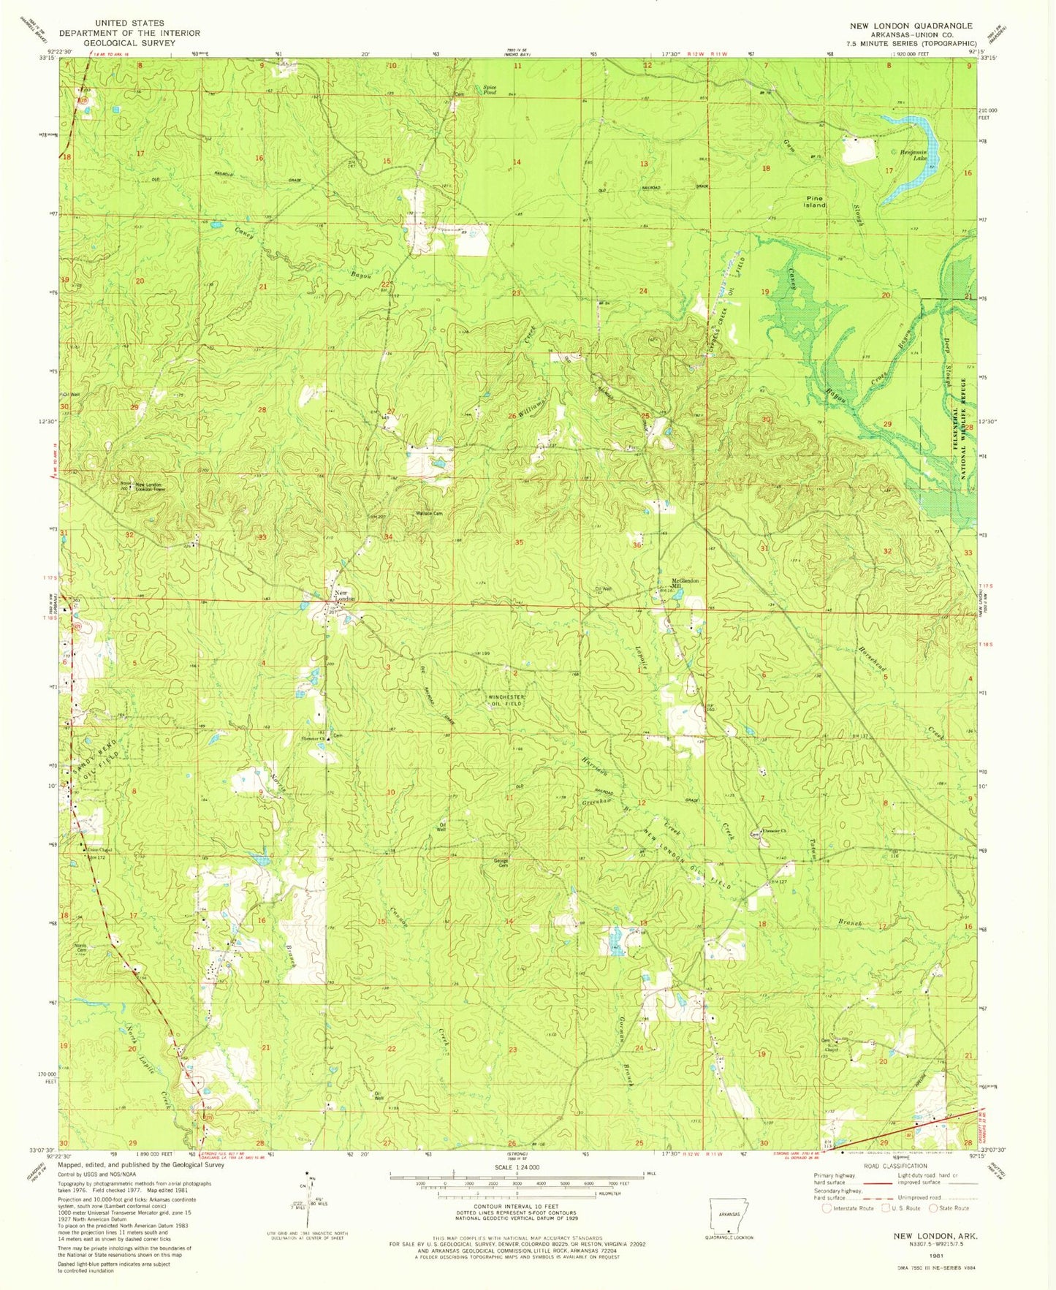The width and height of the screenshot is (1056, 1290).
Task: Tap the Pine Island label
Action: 816,202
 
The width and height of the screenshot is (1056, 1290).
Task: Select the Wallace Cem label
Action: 430,513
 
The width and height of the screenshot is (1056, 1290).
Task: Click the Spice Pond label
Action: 490,90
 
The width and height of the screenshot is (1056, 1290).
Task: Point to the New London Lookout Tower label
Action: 153,487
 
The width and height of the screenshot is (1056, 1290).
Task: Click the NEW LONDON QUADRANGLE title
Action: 911,26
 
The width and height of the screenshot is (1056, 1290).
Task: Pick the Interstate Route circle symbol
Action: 828,1208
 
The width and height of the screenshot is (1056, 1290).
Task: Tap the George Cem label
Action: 501,862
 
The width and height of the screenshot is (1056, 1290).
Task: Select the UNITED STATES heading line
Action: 129,23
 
